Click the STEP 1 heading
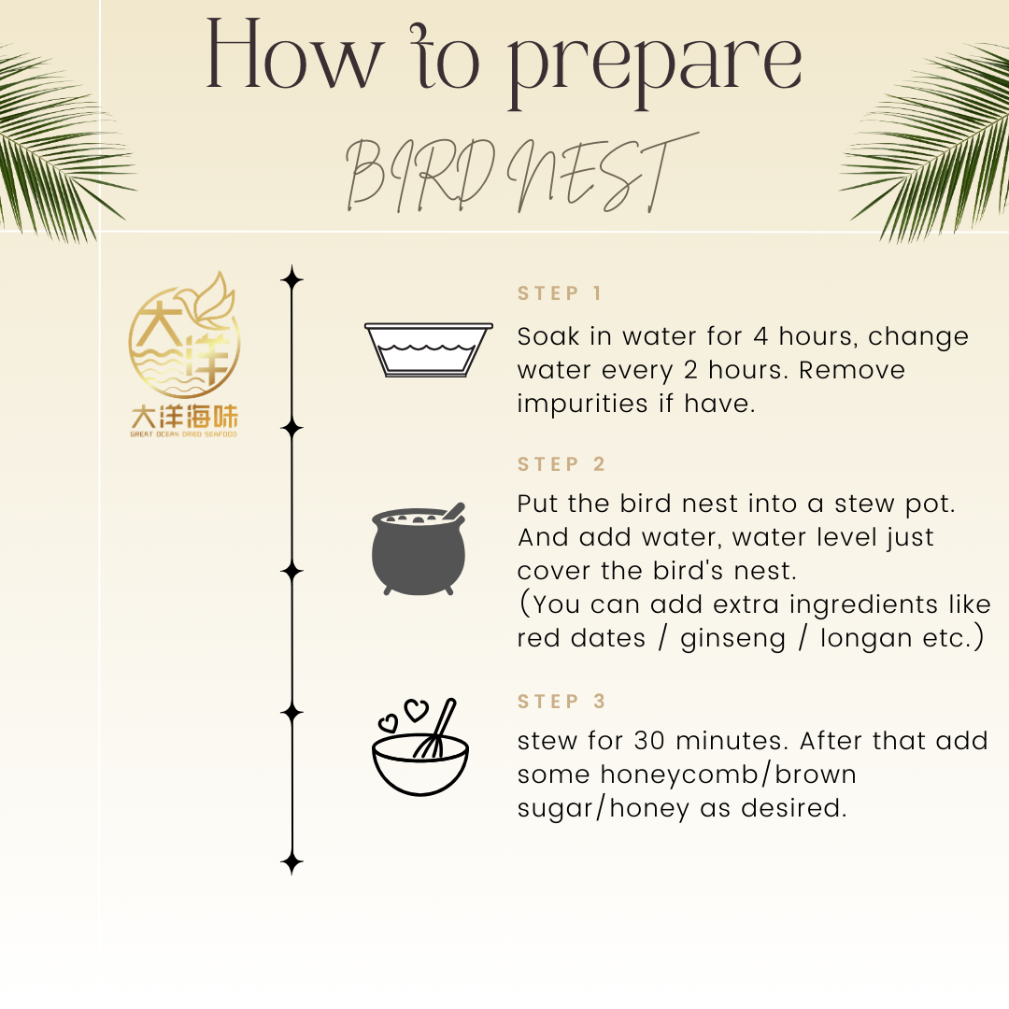tap(560, 293)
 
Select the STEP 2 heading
tap(561, 464)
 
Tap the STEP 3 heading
tap(561, 701)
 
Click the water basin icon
tap(429, 349)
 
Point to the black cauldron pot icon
tap(419, 549)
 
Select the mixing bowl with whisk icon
tap(420, 747)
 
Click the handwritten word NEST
tap(603, 173)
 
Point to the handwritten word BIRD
tap(420, 175)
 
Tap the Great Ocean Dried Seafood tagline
tap(183, 434)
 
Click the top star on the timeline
tap(292, 279)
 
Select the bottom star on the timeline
tap(292, 862)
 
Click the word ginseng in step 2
tap(733, 639)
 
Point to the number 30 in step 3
tap(649, 741)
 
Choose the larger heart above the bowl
tap(416, 710)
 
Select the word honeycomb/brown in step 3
tap(729, 775)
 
